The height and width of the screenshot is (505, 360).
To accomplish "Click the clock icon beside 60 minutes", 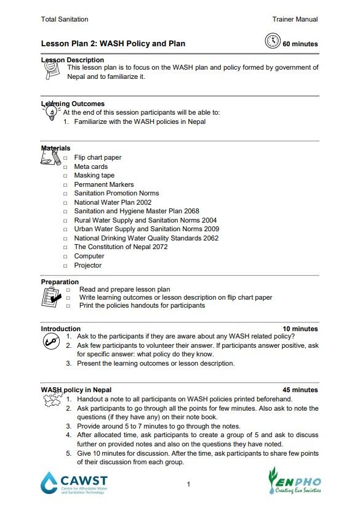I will click(272, 41).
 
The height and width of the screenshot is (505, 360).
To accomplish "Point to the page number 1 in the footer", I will click(188, 484).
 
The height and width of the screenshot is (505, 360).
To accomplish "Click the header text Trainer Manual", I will click(295, 19).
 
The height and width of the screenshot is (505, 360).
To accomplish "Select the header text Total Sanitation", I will click(65, 19).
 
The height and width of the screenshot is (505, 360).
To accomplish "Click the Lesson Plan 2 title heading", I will click(113, 44).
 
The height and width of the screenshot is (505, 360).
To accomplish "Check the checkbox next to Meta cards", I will click(66, 167).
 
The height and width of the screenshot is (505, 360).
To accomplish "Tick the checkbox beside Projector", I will click(66, 266).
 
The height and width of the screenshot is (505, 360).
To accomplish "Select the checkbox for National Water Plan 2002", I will click(66, 203).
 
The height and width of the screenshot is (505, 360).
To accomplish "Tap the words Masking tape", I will click(94, 176).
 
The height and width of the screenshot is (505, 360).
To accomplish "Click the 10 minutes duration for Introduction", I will click(300, 329).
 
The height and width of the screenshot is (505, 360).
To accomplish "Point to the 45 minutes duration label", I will click(300, 390).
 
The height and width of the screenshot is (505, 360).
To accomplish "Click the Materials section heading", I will click(55, 148).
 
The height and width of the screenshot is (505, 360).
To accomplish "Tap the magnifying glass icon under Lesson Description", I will click(52, 70).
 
